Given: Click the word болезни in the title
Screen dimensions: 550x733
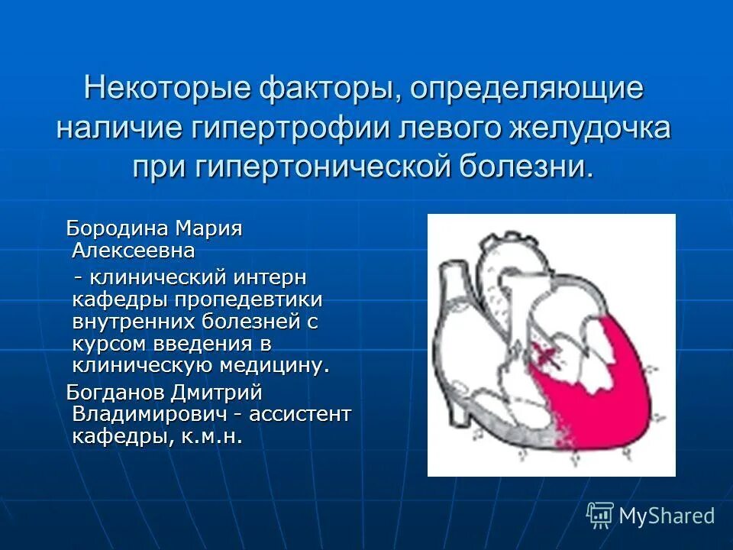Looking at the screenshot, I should pos(525,166).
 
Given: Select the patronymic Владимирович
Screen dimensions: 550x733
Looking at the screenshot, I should pos(149,414).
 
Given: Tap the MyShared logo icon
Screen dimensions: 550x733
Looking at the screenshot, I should pos(600,516).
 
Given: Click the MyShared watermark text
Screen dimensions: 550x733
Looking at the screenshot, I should pos(667,516).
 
